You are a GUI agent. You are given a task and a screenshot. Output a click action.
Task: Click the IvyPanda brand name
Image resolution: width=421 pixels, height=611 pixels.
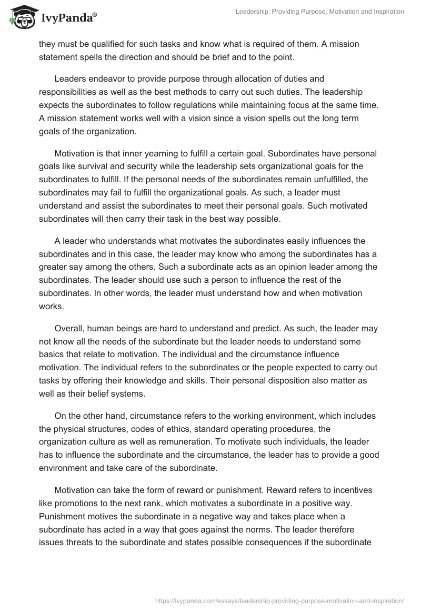pyautogui.click(x=67, y=19)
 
